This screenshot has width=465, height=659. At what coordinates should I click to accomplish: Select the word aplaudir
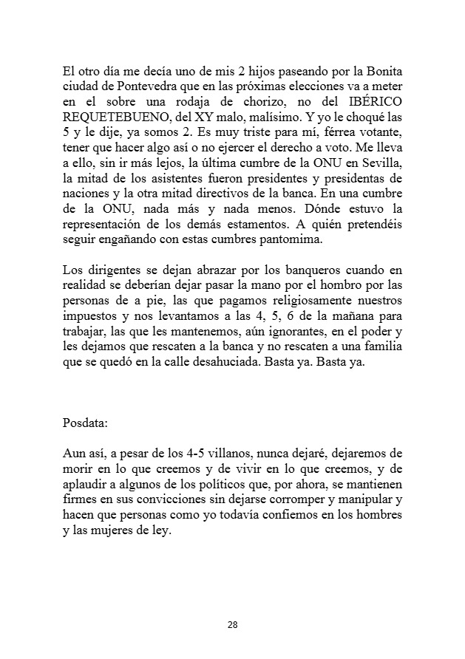click(86, 484)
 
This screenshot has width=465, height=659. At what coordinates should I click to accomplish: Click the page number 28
click(232, 625)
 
